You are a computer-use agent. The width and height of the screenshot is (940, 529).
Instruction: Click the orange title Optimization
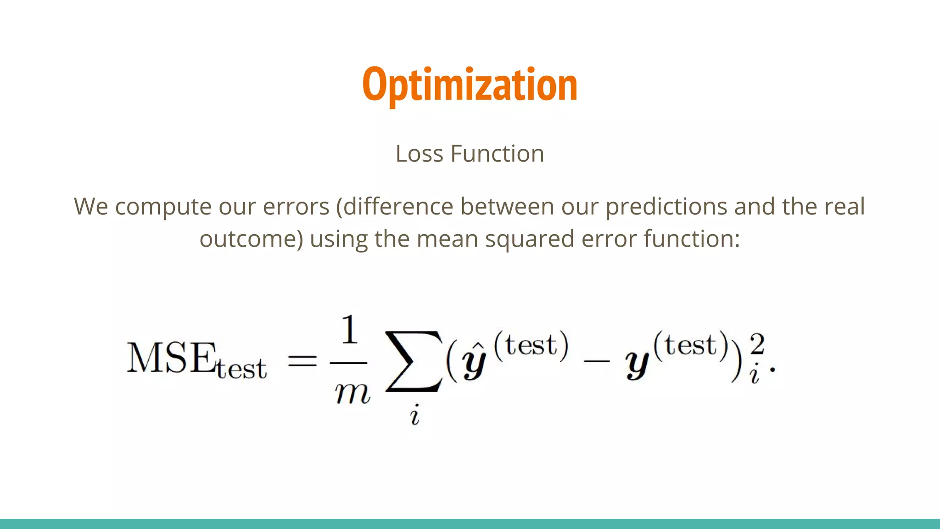coord(470,85)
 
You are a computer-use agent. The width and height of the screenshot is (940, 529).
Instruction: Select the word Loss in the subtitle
coord(419,154)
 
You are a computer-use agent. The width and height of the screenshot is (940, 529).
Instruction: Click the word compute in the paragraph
coord(163,207)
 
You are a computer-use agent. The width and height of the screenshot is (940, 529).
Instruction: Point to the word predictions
coord(666,207)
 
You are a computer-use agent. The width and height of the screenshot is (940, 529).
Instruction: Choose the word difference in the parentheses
coord(398,206)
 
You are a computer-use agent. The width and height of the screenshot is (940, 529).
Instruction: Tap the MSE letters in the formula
coord(171,358)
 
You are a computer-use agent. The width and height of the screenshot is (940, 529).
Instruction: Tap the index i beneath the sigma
coord(415,415)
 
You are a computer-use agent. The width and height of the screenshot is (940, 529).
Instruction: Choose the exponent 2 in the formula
coord(757,343)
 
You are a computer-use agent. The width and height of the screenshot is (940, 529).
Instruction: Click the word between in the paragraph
coord(507,206)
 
